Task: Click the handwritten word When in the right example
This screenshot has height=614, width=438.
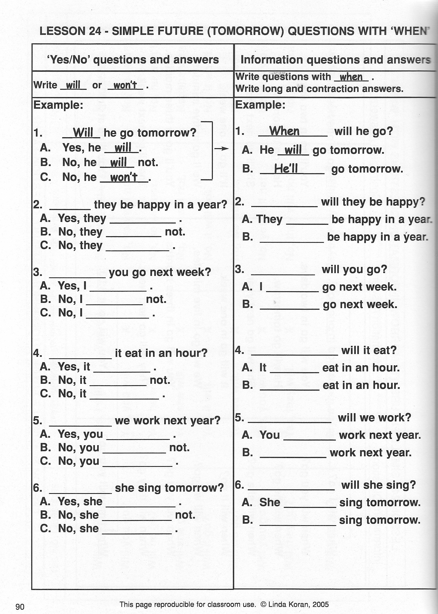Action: (284, 131)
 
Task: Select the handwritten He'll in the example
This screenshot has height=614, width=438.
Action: (286, 169)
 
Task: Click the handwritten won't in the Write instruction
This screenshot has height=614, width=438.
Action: (125, 85)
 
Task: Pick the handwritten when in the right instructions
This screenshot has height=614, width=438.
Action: (351, 77)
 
